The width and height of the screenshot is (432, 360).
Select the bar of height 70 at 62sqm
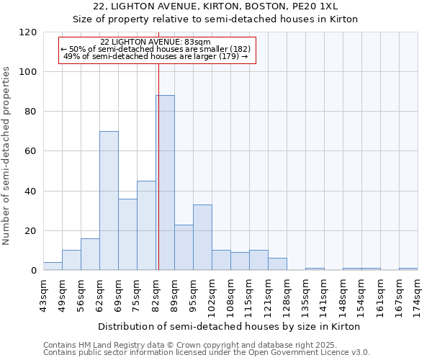(109, 201)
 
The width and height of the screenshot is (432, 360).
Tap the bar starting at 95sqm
(202, 238)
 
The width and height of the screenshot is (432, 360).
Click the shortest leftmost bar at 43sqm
(53, 266)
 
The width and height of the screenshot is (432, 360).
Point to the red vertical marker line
(158, 166)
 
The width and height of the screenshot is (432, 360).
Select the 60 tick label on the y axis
(32, 151)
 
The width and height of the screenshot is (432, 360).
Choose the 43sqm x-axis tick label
(44, 294)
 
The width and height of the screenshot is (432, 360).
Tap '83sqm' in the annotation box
(198, 42)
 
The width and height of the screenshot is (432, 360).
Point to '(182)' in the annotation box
(238, 49)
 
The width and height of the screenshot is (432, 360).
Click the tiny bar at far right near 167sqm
(408, 269)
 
